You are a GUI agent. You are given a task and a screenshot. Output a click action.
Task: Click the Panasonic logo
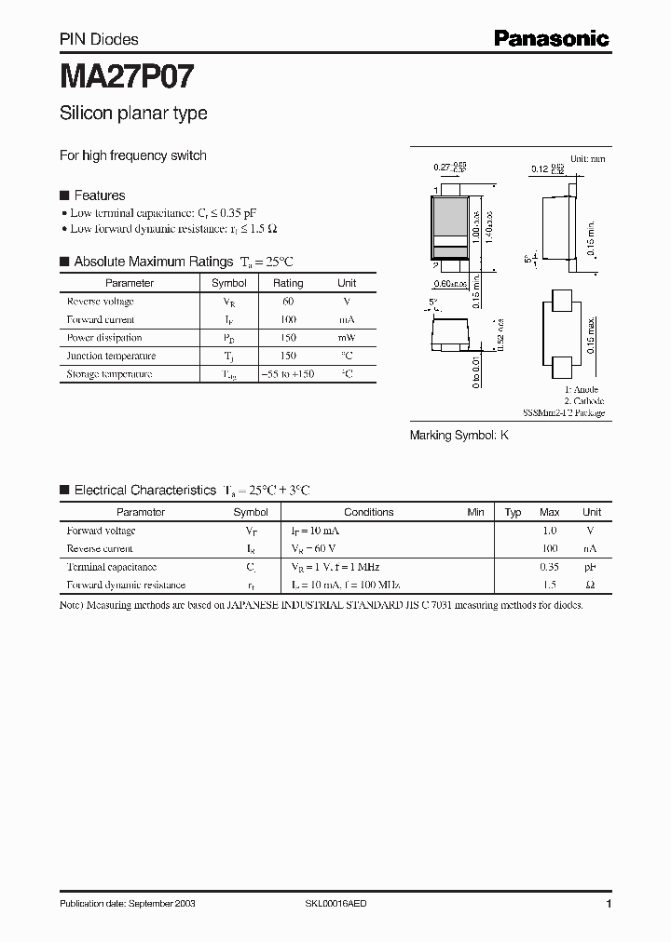[x=550, y=38]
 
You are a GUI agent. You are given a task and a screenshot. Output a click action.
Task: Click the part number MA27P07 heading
[x=127, y=76]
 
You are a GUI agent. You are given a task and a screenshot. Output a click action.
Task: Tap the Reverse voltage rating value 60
[x=288, y=302]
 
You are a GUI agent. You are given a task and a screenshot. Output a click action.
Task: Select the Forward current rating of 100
[x=288, y=319]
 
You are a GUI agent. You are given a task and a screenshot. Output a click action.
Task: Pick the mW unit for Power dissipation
[x=347, y=338]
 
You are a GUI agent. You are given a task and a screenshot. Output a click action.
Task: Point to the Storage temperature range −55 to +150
[x=288, y=374]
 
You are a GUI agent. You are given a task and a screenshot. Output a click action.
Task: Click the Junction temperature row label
[x=111, y=356]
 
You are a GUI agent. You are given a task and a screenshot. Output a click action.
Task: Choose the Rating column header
[x=288, y=283]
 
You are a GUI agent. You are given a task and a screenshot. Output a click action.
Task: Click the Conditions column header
[x=369, y=512]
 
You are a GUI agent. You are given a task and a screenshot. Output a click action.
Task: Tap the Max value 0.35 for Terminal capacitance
[x=550, y=567]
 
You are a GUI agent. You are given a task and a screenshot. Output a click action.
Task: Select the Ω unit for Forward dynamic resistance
[x=591, y=585]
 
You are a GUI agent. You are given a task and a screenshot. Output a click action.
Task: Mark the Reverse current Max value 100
[x=550, y=549]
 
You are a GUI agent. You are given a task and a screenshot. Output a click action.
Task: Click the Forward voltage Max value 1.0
[x=550, y=531]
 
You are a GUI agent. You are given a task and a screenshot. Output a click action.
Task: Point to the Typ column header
[x=513, y=512]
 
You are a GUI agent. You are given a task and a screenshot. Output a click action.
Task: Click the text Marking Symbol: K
[x=459, y=435]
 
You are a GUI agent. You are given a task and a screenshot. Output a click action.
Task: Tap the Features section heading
[x=99, y=195]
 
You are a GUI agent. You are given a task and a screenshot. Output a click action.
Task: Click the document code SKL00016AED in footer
[x=337, y=904]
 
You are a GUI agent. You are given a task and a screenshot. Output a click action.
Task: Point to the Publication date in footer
[x=128, y=904]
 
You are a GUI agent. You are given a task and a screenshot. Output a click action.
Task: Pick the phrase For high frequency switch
[x=133, y=155]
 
